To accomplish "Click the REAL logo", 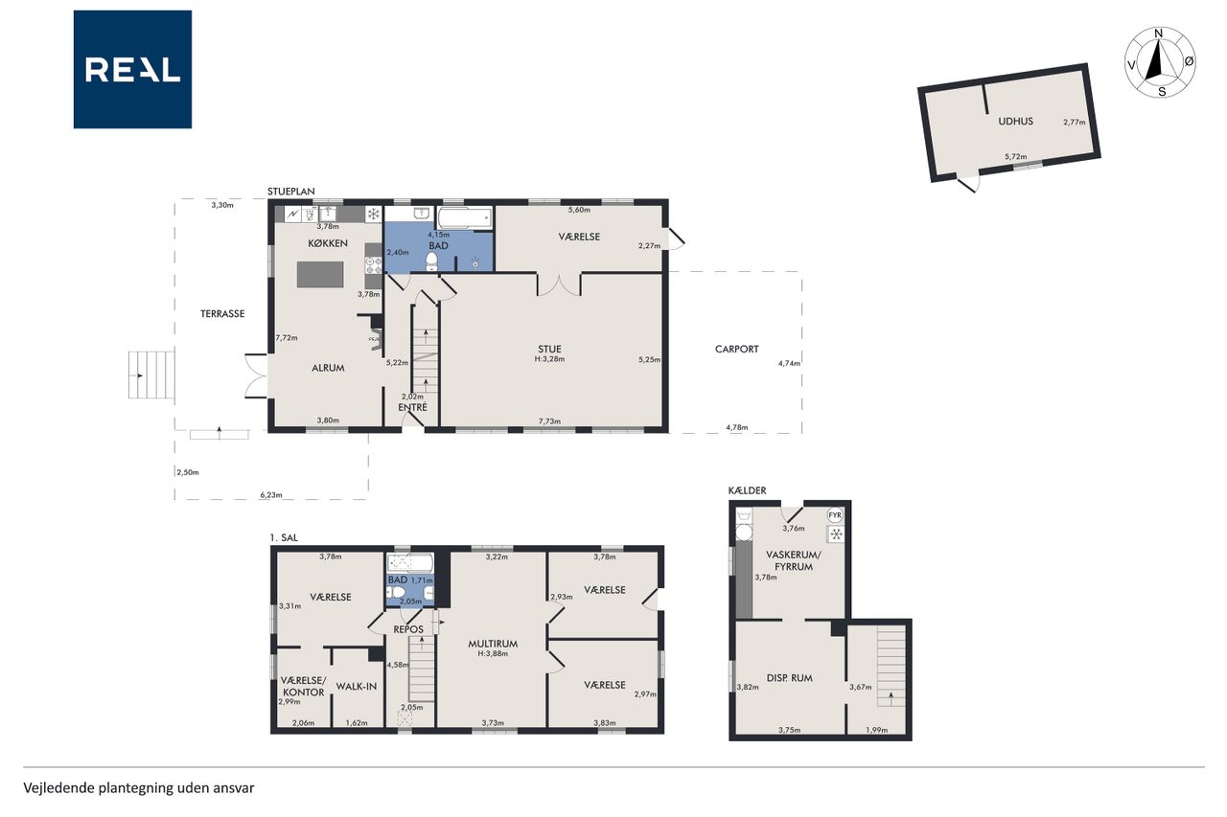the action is point(132,70).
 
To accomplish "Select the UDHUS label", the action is point(1015,122).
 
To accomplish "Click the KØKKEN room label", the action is point(328,243).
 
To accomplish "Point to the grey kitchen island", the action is point(320,274).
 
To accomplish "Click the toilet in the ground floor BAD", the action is point(431,262).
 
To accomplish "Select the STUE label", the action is point(549,349).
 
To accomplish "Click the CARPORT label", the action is point(737,349).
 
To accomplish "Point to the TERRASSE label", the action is point(222,313).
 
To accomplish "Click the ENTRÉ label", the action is point(412,407).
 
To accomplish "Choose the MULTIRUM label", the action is point(493,644).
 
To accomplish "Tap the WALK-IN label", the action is point(356,686).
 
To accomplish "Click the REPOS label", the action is point(408,629).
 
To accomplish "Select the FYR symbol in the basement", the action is point(835,515).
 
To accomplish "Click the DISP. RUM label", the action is point(789,678).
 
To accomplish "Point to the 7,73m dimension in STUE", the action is point(549,421).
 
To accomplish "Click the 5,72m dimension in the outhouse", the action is point(1015,156).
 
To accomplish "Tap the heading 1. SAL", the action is point(284,537).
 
